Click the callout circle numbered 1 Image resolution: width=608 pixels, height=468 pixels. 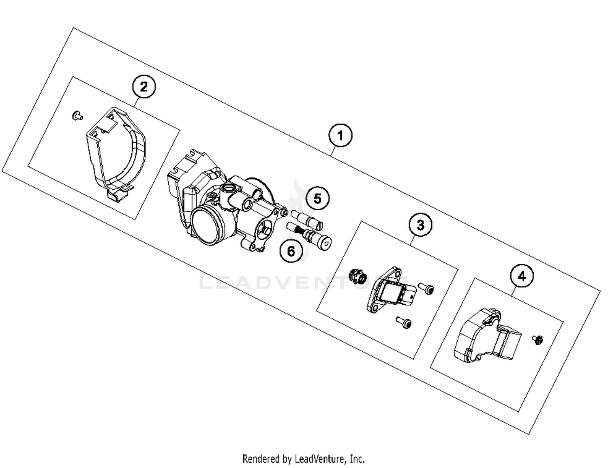tap(340, 136)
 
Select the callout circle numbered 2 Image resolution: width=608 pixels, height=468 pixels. tap(144, 87)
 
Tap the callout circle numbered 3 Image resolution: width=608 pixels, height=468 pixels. tap(420, 224)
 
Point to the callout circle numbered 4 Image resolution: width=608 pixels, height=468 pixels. tap(522, 276)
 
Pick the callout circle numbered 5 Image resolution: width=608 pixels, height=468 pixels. tap(317, 199)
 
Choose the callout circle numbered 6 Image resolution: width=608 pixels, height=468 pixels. tap(291, 251)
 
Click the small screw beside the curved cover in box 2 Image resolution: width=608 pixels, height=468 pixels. tap(76, 116)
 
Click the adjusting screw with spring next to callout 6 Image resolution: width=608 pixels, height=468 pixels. tap(310, 236)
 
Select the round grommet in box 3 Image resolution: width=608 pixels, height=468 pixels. tap(358, 277)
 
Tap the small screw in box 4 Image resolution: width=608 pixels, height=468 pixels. tap(537, 339)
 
